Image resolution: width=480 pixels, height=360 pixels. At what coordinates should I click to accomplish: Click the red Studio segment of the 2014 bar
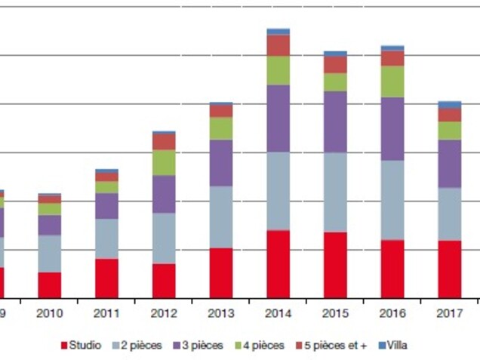278,264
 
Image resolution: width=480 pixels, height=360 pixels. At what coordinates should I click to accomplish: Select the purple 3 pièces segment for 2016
392,128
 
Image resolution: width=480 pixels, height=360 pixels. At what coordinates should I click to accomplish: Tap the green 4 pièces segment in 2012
164,162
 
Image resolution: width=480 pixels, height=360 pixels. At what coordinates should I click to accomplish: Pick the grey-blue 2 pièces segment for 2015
335,192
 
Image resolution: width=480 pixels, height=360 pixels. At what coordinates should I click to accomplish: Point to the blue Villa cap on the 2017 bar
449,104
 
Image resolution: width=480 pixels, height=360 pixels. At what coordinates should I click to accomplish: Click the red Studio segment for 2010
50,285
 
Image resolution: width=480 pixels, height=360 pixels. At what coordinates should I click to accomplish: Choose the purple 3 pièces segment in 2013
221,162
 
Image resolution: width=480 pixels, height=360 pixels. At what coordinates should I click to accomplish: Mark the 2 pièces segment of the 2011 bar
106,238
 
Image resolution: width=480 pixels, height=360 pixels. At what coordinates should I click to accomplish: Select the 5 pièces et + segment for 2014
278,45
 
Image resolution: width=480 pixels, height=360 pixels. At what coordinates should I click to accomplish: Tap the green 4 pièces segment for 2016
392,82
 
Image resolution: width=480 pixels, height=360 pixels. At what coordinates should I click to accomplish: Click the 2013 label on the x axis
221,313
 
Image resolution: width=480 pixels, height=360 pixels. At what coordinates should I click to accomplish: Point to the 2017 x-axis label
449,313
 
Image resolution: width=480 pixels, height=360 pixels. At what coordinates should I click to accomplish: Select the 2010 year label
50,313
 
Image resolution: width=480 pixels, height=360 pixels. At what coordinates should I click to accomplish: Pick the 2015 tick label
335,313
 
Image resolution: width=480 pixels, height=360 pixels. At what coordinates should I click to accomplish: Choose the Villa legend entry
396,346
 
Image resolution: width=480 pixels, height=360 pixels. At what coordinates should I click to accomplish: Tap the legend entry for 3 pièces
202,346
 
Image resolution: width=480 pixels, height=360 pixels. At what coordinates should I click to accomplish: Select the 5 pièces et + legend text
335,346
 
